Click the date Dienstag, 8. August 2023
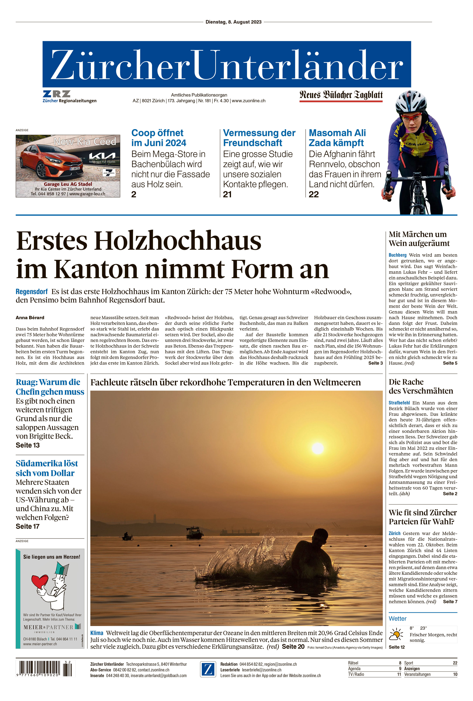pyautogui.click(x=233, y=22)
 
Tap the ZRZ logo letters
pyautogui.click(x=56, y=94)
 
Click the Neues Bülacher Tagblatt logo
pyautogui.click(x=341, y=95)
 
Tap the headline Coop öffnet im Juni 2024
pyautogui.click(x=159, y=138)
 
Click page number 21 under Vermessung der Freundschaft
pyautogui.click(x=227, y=195)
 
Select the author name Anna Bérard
pyautogui.click(x=30, y=318)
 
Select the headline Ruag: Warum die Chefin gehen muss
pyautogui.click(x=50, y=387)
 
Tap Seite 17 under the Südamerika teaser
pyautogui.click(x=28, y=526)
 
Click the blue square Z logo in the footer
pyautogui.click(x=208, y=669)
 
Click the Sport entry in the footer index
pyautogui.click(x=409, y=663)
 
